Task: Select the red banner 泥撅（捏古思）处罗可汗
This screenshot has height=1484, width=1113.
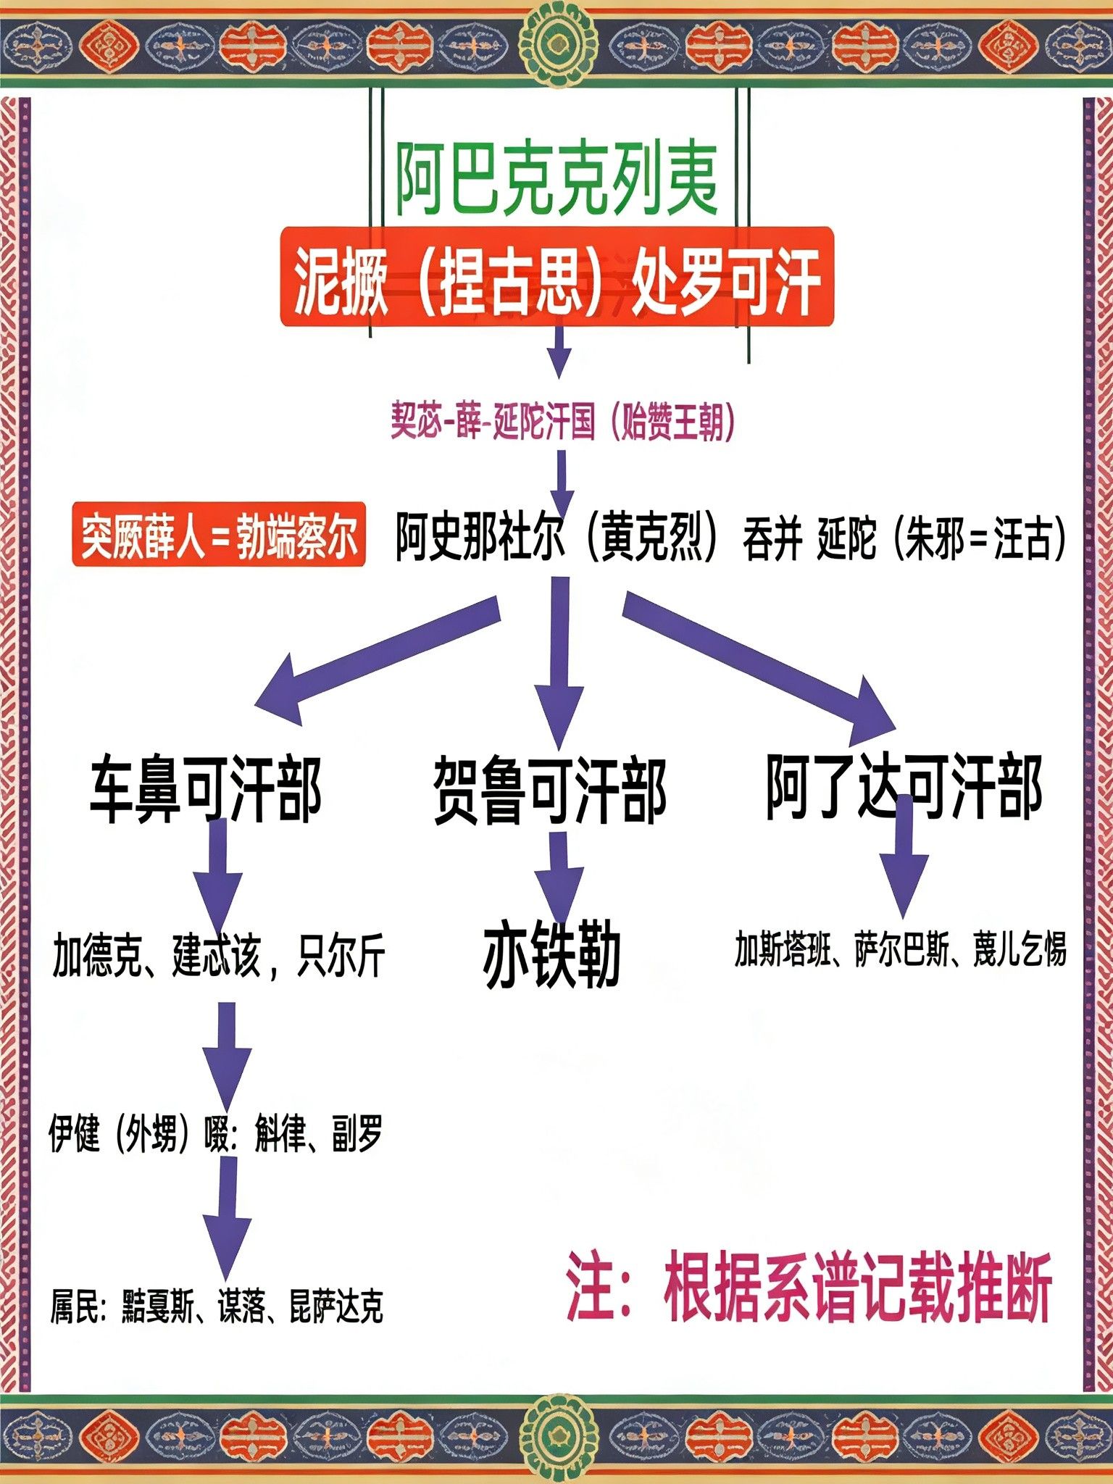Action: pos(556,277)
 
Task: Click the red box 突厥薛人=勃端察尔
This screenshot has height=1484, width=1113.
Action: pos(218,536)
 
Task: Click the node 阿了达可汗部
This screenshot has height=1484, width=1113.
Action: pos(904,787)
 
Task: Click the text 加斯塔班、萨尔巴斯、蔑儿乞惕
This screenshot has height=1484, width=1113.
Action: pos(901,949)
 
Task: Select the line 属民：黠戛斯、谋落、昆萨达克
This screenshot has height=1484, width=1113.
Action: pos(216,1305)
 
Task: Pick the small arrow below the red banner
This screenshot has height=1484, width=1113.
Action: pos(558,352)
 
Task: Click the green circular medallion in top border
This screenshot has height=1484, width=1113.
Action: pos(557,43)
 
